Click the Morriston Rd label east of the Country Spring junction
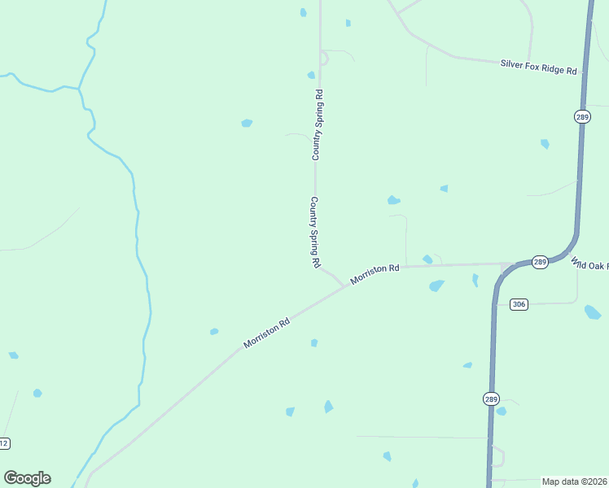[x=375, y=273]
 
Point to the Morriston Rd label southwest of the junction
[x=266, y=333]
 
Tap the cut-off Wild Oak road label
[x=589, y=265]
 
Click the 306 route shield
[x=519, y=304]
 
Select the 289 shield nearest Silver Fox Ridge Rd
[x=581, y=117]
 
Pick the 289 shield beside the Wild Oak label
[x=540, y=262]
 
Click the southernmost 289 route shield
[x=490, y=399]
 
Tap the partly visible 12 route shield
[x=4, y=443]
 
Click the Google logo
[x=27, y=478]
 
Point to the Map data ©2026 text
[x=574, y=481]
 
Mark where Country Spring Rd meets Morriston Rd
[x=340, y=284]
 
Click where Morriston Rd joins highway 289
[x=511, y=264]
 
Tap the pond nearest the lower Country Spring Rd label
[x=394, y=200]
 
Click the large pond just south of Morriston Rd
[x=436, y=285]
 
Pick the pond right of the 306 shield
[x=593, y=312]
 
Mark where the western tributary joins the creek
[x=79, y=87]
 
